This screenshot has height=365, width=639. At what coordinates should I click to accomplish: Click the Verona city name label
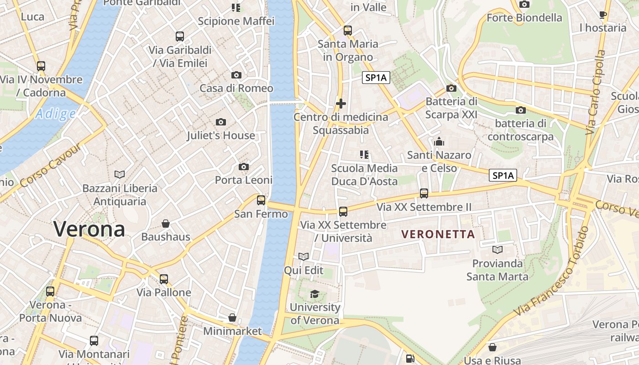pos(89,229)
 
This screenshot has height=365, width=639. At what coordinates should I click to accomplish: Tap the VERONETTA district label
pos(438,235)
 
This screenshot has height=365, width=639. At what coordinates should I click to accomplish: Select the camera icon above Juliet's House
pos(221,122)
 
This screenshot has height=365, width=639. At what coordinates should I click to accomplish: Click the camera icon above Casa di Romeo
pos(236,75)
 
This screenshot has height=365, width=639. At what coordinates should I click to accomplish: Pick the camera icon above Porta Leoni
pos(244,167)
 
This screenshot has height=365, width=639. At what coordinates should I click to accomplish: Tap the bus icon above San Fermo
pos(261,200)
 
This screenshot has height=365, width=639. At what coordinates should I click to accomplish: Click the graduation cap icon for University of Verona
pos(315,294)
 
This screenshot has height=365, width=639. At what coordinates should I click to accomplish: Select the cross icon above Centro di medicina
pos(340,104)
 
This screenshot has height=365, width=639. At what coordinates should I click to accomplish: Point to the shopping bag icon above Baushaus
pos(166,224)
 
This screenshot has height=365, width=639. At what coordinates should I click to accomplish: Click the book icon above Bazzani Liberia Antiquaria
pos(120,174)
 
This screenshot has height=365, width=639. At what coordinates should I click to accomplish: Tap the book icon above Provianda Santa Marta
pos(498,250)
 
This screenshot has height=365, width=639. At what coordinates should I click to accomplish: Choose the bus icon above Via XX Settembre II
pos(424,193)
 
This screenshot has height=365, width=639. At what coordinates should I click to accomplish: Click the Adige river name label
pos(55,114)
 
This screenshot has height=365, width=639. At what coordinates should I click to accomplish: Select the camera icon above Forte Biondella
pos(524,5)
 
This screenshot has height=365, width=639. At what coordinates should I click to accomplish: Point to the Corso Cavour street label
pos(51,166)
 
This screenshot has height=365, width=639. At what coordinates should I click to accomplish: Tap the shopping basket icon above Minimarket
pos(232,318)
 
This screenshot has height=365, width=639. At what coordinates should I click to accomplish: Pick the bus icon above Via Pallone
pos(164,279)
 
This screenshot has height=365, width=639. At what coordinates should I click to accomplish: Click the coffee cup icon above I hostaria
pos(603,15)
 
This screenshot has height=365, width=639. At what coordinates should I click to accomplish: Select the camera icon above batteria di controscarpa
pos(520,110)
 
